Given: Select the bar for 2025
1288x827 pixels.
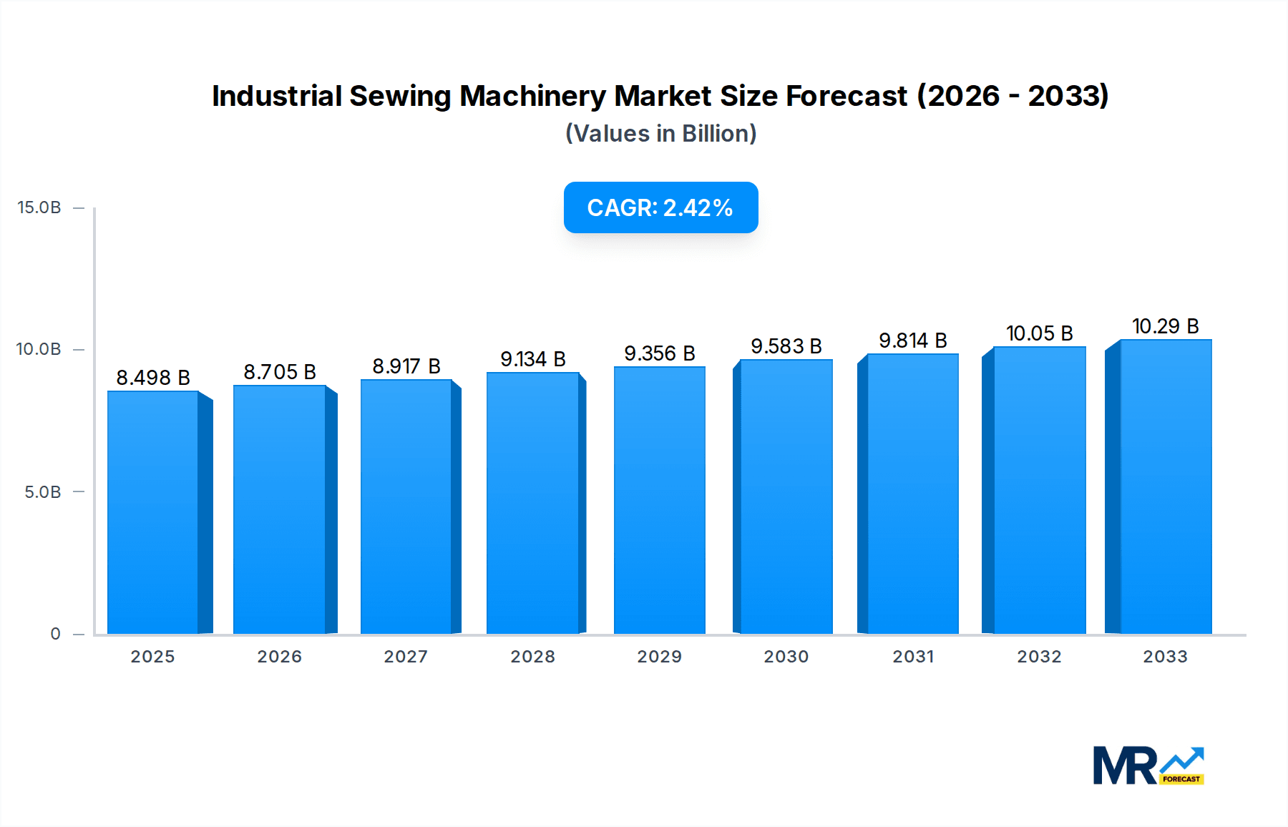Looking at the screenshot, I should coord(153,512).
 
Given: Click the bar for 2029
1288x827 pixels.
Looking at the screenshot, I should coord(659,501).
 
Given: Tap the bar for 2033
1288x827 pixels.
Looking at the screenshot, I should coord(1166,486).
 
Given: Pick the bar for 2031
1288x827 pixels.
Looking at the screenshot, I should coord(912,494).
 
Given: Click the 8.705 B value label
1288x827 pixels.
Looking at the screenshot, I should coord(280,372).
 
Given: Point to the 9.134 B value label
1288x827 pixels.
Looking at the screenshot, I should coord(533,359).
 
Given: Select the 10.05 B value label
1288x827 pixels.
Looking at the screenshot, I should coord(1039,333).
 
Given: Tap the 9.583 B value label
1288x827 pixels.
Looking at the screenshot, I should coord(786,346).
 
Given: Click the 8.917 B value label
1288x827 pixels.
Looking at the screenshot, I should coord(406,366).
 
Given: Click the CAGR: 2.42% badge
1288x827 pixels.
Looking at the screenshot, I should coord(660,207).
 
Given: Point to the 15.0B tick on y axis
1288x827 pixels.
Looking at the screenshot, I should coord(39,207).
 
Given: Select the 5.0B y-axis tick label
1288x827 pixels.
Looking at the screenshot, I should coord(42,492).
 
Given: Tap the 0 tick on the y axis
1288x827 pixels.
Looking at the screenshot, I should coord(55,634).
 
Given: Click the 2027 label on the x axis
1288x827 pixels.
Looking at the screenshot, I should coord(406,657).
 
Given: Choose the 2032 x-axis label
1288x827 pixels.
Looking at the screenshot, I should coord(1039,657).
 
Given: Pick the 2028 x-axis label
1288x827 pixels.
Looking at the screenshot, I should coord(532,657).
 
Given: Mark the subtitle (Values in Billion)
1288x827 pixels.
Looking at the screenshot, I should coord(660,134).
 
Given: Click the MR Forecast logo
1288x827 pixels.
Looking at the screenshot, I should coord(1148,765).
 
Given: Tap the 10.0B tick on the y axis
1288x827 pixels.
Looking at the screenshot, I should coord(39,349).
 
